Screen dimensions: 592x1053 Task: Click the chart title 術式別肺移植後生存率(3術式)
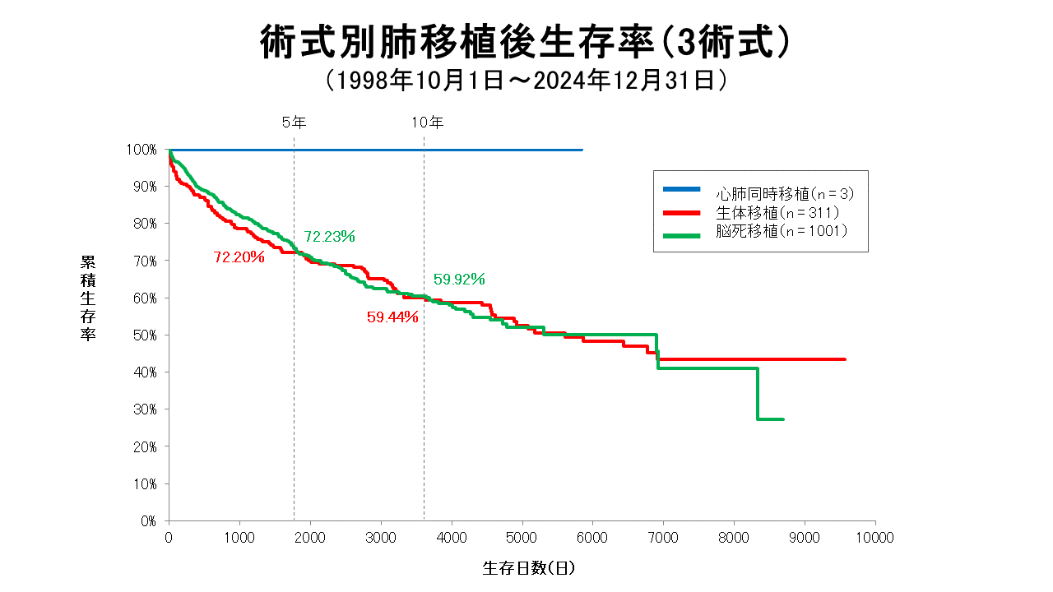coord(526,41)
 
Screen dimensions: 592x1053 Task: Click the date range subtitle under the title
coord(526,81)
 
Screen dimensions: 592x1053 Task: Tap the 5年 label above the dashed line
coord(294,123)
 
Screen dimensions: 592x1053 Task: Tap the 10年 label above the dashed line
coord(427,123)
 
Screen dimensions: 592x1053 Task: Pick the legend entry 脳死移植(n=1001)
coord(781,231)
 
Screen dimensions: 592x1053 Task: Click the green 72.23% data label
coord(329,237)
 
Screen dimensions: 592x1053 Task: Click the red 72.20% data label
coord(239,257)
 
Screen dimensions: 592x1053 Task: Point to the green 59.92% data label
coord(459,279)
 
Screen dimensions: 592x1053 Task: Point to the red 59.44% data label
coord(392,317)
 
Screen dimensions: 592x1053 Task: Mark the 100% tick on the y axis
coord(141,150)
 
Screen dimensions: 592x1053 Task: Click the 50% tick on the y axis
coord(144,335)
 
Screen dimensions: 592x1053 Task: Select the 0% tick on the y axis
coord(147,520)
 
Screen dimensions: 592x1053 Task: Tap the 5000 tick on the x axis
coord(522,537)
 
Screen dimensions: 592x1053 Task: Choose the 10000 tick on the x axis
coord(875,537)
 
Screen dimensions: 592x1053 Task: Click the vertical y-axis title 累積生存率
coord(87,298)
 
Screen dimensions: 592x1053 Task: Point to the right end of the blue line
coord(582,150)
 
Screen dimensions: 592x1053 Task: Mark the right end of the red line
coord(845,359)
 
